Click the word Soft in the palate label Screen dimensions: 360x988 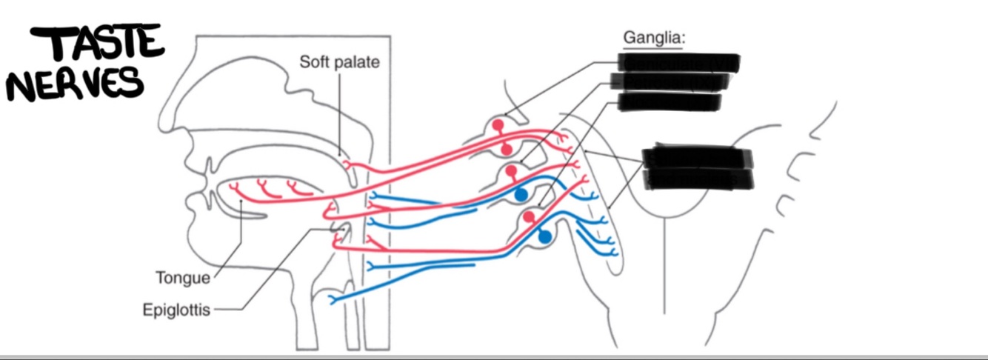click(x=313, y=62)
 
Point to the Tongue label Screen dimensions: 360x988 click(x=183, y=279)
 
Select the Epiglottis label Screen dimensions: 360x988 click(x=176, y=310)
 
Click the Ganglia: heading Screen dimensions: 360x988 click(x=654, y=37)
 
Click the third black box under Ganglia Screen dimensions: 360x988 click(x=669, y=101)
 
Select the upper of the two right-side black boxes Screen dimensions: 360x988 click(x=697, y=158)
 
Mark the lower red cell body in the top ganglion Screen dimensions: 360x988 click(x=507, y=150)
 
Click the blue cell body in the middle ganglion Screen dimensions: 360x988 click(x=521, y=195)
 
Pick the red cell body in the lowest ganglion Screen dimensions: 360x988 click(x=529, y=216)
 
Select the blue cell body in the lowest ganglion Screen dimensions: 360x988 click(x=546, y=237)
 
